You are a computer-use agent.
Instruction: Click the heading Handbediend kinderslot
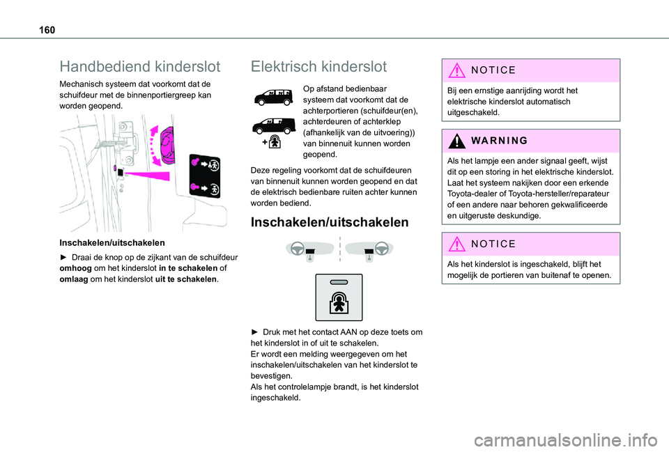tap(140, 67)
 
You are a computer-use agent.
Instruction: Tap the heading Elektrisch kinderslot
tap(318, 67)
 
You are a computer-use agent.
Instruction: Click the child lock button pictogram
tap(339, 297)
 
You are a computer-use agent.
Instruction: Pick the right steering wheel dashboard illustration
tap(369, 250)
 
